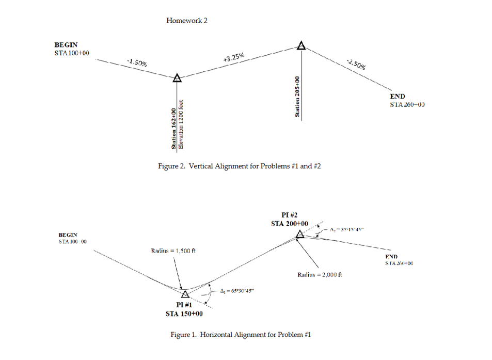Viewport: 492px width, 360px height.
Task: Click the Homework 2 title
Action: (x=187, y=21)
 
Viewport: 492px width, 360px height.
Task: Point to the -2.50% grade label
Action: (x=357, y=64)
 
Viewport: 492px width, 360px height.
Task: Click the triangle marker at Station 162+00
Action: (x=177, y=78)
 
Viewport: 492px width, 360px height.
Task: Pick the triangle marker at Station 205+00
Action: (x=301, y=46)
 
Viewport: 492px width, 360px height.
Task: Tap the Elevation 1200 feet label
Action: (x=181, y=124)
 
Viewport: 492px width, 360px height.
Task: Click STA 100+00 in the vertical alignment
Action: (x=71, y=53)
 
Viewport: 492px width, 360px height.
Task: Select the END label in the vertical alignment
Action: (x=397, y=97)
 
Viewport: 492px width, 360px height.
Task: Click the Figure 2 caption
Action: (x=242, y=166)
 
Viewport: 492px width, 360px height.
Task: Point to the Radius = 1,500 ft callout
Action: (x=174, y=251)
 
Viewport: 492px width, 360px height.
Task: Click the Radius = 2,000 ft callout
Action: (x=320, y=274)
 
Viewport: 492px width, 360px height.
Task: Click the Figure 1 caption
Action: (x=241, y=335)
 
